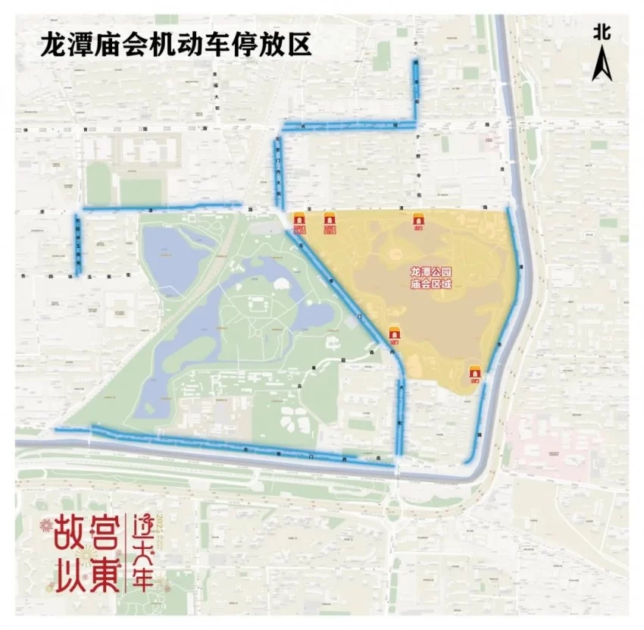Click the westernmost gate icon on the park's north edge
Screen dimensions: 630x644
pyautogui.click(x=299, y=221)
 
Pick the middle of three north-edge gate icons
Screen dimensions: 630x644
pyautogui.click(x=330, y=221)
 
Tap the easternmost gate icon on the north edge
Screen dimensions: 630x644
pyautogui.click(x=419, y=221)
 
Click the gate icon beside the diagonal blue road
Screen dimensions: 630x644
pyautogui.click(x=394, y=335)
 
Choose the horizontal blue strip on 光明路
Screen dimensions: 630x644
pyautogui.click(x=349, y=124)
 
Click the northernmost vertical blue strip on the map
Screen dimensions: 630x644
pyautogui.click(x=415, y=83)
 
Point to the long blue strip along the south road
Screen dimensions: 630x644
pyautogui.click(x=220, y=445)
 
